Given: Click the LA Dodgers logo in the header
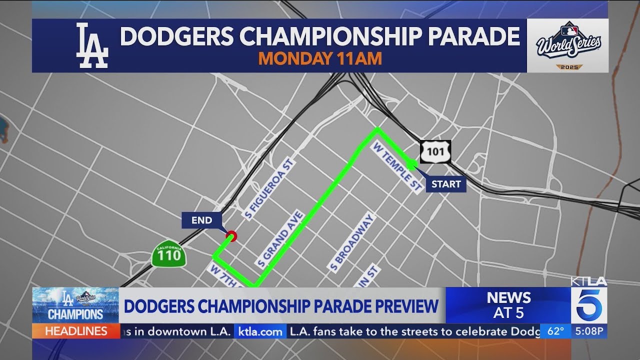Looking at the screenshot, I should [x=91, y=45].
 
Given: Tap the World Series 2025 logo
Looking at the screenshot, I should [x=568, y=45].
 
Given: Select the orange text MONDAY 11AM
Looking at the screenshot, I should [x=320, y=58].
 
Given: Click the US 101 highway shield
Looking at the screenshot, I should [x=435, y=152].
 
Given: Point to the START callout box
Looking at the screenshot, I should [x=446, y=184].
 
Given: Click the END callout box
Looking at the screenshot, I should [x=201, y=220].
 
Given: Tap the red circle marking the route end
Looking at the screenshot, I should [x=231, y=236].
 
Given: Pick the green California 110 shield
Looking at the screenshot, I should [x=169, y=255].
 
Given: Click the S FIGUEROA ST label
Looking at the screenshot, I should [x=269, y=188].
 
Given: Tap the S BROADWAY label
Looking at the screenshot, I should [x=351, y=243].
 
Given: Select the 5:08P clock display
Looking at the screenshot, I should [x=590, y=331].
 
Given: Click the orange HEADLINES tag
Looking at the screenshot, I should [x=76, y=331].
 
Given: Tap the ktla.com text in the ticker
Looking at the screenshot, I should [x=260, y=331].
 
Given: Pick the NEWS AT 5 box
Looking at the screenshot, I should [x=508, y=305].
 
